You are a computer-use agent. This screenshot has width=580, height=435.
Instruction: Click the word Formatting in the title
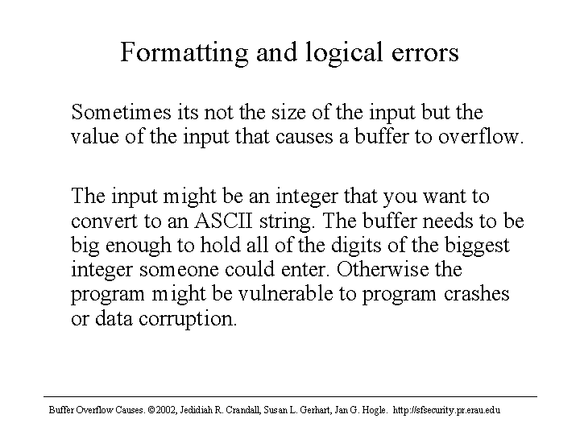[x=184, y=53]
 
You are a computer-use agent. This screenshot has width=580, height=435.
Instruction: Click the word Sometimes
[x=122, y=112]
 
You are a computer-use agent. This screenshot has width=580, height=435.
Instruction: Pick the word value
[x=95, y=136]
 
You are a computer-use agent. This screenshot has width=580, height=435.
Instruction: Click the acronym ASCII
[x=223, y=221]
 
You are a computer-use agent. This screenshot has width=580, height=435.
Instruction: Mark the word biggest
[x=477, y=246]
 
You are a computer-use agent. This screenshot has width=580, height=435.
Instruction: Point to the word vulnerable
[x=285, y=293]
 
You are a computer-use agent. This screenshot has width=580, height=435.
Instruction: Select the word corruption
[x=188, y=319]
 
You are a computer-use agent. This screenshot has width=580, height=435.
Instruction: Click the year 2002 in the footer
[x=166, y=410]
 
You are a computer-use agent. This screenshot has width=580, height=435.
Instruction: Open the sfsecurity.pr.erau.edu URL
[x=446, y=410]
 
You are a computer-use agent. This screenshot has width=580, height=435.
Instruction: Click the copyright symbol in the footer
[x=151, y=410]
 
